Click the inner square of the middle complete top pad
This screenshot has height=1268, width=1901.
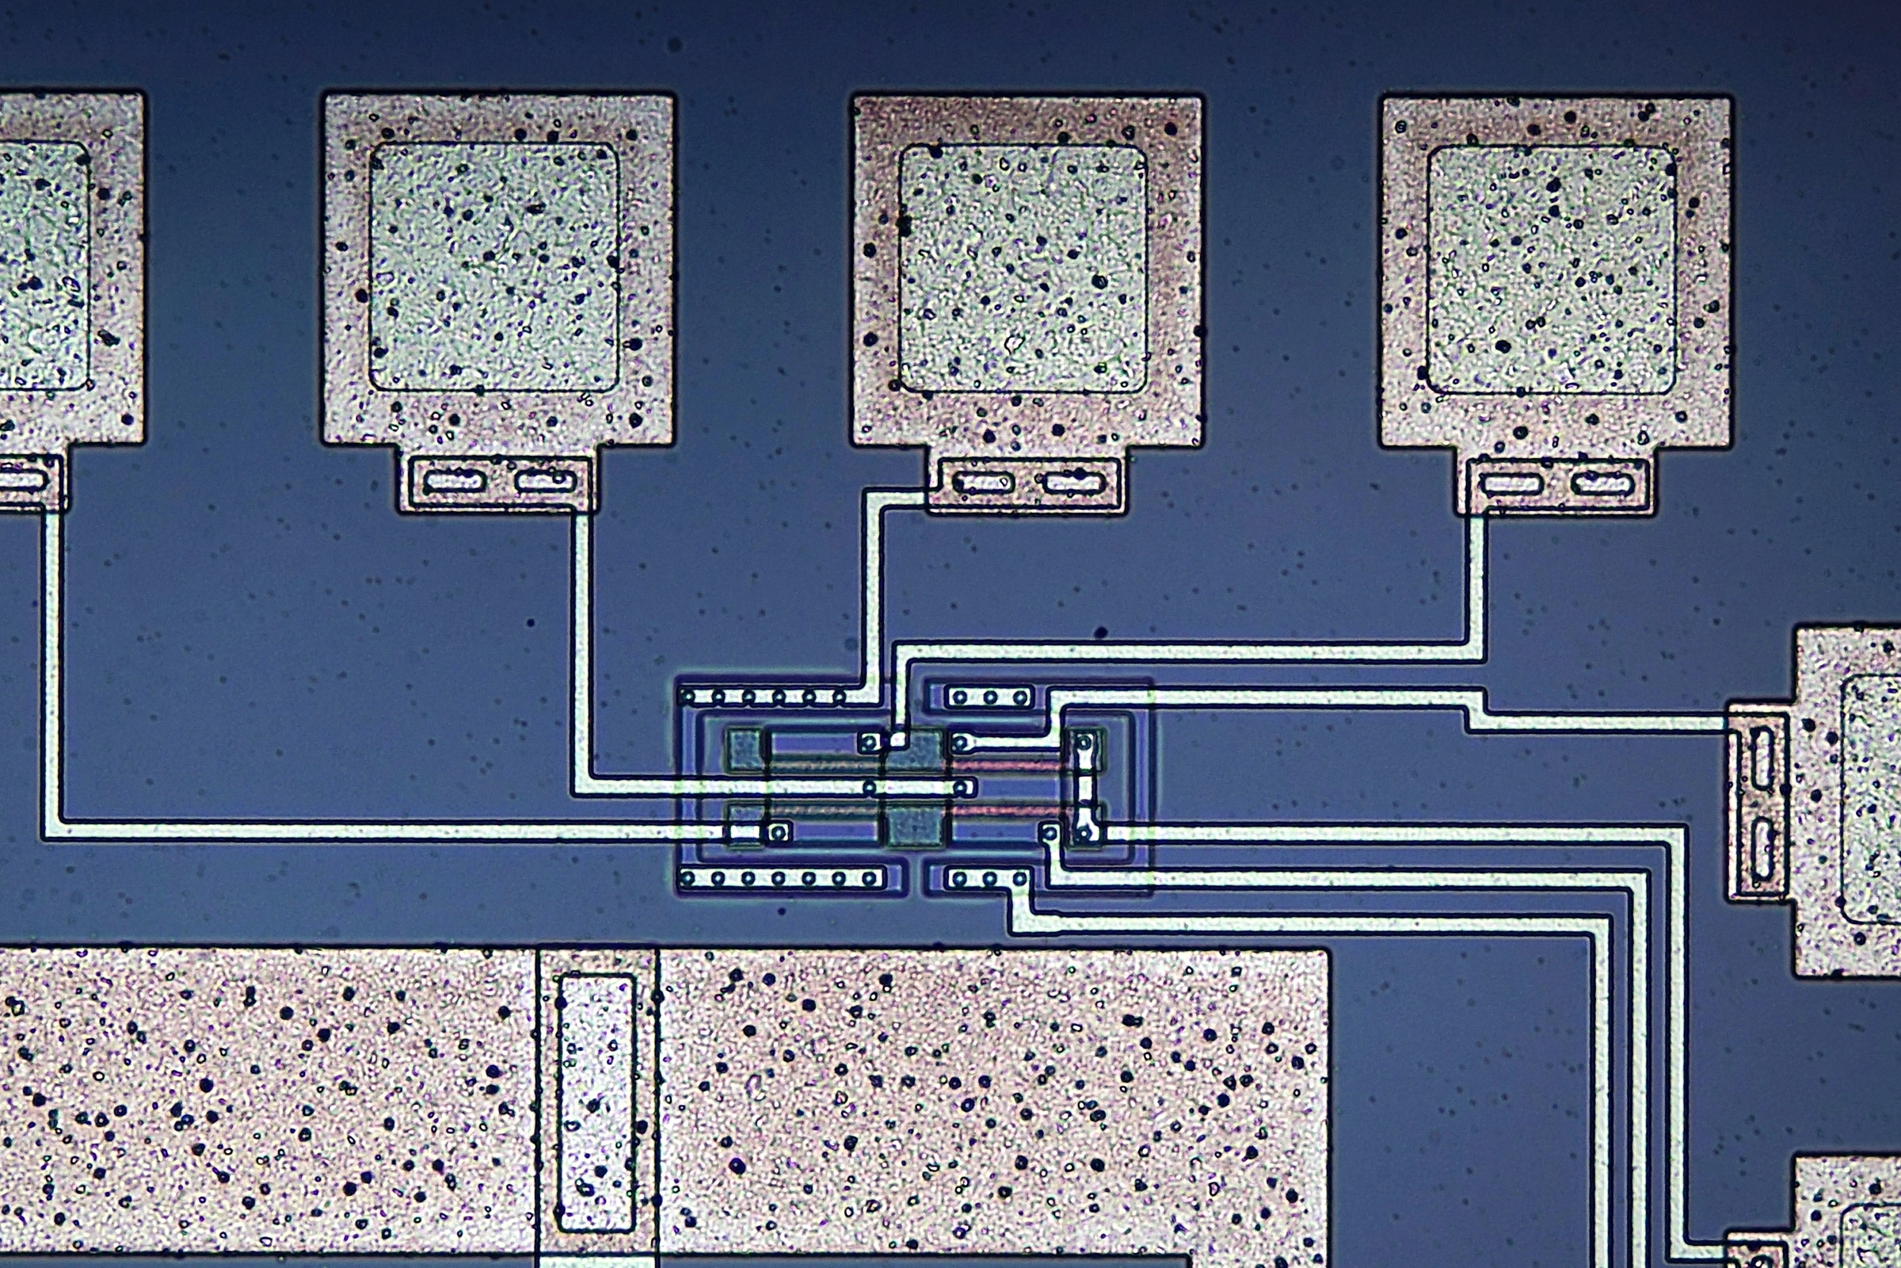(x=1023, y=269)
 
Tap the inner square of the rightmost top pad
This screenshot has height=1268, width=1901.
(x=1551, y=270)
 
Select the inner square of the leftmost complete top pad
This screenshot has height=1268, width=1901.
(x=493, y=267)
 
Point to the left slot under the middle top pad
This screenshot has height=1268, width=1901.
(x=983, y=483)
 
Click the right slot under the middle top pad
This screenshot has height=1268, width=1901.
(x=1072, y=483)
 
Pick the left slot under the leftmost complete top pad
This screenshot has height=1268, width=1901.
(x=454, y=482)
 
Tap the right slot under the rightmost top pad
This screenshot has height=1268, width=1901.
(x=1601, y=484)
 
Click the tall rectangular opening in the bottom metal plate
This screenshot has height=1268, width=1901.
(x=596, y=1103)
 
